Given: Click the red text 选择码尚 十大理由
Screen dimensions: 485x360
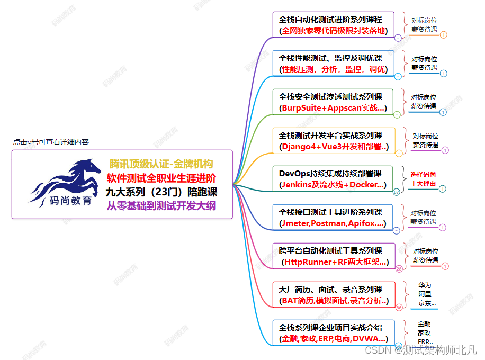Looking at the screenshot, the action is pos(423,179).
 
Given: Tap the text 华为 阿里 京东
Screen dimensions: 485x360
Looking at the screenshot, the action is pos(425,294).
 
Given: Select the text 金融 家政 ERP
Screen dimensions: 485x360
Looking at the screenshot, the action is pos(425,332).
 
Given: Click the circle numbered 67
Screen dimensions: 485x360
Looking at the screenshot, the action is pos(397,192).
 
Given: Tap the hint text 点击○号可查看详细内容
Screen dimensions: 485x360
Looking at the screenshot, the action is pos(51,142).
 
